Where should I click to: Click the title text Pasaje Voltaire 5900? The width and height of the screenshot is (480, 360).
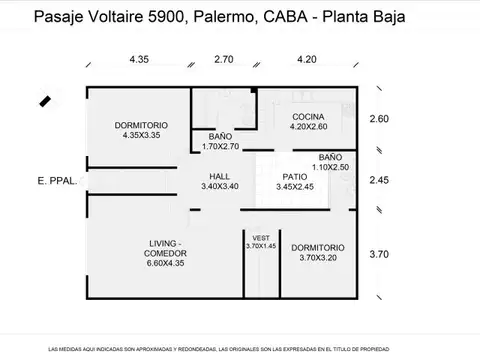109,17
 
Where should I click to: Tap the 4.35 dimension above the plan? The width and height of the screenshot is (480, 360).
141,60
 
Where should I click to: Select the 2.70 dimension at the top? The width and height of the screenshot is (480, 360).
224,60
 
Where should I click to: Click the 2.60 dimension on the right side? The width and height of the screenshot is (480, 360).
379,120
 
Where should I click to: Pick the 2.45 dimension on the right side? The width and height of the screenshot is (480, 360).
379,181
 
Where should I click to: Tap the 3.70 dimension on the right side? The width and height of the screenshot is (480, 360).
379,254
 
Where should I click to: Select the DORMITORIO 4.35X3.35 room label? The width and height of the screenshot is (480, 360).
141,129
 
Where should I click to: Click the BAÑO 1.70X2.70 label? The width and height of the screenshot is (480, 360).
221,141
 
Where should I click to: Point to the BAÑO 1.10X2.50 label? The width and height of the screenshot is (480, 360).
330,162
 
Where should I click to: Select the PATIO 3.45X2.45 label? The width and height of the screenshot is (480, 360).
291,181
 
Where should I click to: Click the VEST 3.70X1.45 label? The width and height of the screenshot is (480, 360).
260,242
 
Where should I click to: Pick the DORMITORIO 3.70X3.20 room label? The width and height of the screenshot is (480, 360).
318,252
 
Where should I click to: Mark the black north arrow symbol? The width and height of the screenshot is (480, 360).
44,100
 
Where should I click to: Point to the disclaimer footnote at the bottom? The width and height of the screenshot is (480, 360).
240,346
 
